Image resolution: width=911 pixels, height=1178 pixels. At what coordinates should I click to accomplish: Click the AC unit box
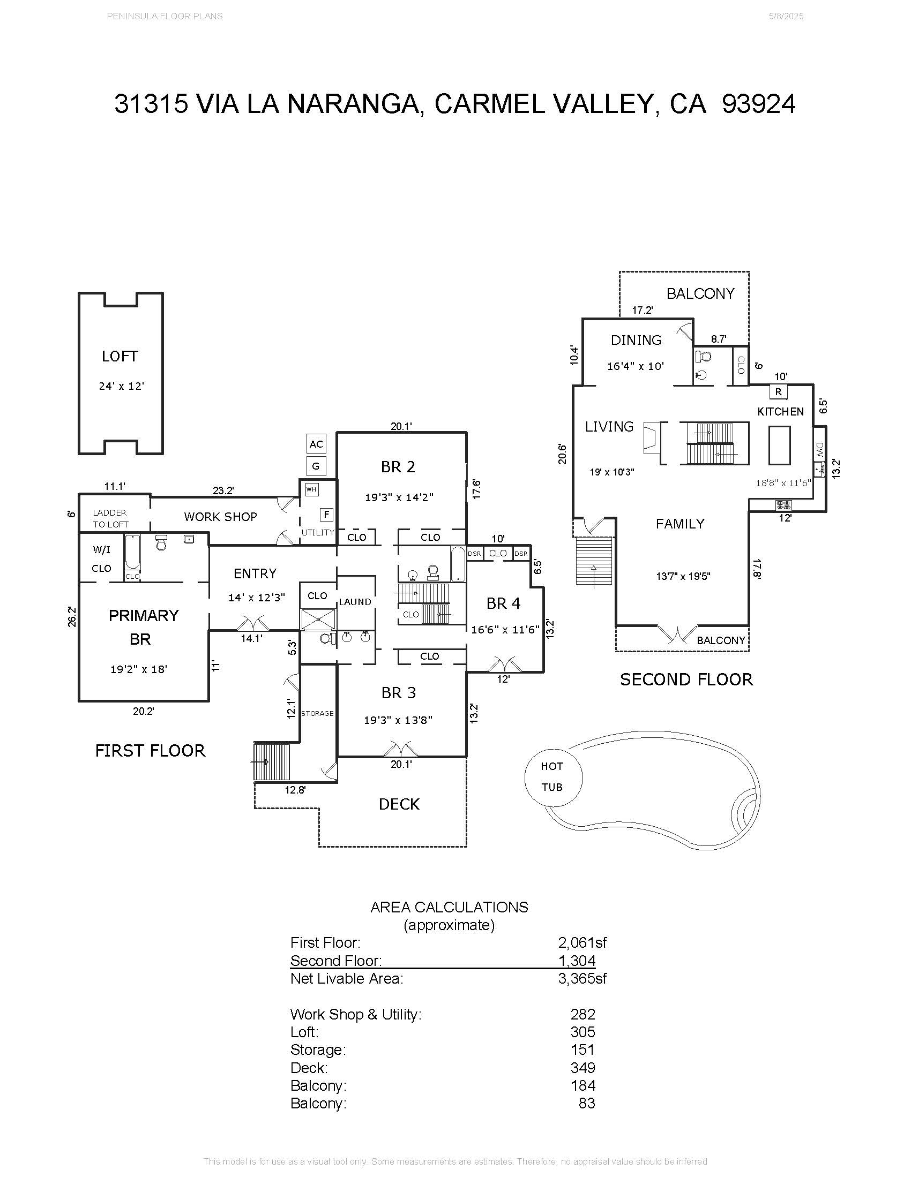click(x=316, y=444)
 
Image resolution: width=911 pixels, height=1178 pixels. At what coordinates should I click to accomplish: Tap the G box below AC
click(x=316, y=466)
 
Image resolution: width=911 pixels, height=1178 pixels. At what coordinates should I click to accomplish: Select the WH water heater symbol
click(x=311, y=489)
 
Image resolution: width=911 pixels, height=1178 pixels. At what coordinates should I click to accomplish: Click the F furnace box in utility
click(x=326, y=515)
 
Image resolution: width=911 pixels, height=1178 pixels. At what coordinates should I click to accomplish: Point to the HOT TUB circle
click(x=553, y=777)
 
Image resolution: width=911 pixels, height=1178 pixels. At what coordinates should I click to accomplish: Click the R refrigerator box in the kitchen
click(x=778, y=392)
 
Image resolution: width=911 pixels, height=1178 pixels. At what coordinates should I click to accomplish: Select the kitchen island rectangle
click(x=779, y=445)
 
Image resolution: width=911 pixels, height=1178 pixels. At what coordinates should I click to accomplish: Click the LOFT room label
click(x=120, y=357)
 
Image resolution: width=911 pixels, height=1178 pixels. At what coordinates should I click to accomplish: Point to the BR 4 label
click(x=503, y=603)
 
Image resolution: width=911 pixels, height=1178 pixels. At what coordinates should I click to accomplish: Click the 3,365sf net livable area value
click(x=582, y=978)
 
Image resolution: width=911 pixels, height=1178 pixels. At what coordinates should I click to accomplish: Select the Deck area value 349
click(x=583, y=1068)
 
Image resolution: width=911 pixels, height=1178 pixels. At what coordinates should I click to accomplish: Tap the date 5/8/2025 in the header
click(x=786, y=16)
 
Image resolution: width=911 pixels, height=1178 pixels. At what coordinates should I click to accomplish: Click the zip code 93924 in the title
click(x=758, y=103)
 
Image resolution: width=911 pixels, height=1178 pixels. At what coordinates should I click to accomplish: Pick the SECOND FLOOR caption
click(x=686, y=679)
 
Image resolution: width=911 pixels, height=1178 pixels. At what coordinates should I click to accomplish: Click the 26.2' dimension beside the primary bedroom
click(x=72, y=616)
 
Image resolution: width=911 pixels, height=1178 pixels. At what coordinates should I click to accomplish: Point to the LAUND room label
click(x=355, y=602)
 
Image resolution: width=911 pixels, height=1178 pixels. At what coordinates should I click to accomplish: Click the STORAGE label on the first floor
click(x=317, y=714)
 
